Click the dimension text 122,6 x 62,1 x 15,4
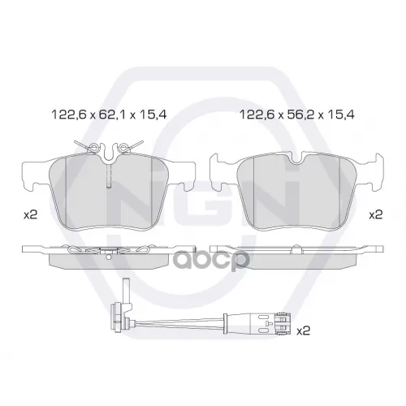tap(109, 115)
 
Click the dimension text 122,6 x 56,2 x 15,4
tap(297, 115)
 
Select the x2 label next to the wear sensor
tap(303, 331)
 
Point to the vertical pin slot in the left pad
tap(109, 176)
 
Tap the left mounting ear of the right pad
tap(224, 171)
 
